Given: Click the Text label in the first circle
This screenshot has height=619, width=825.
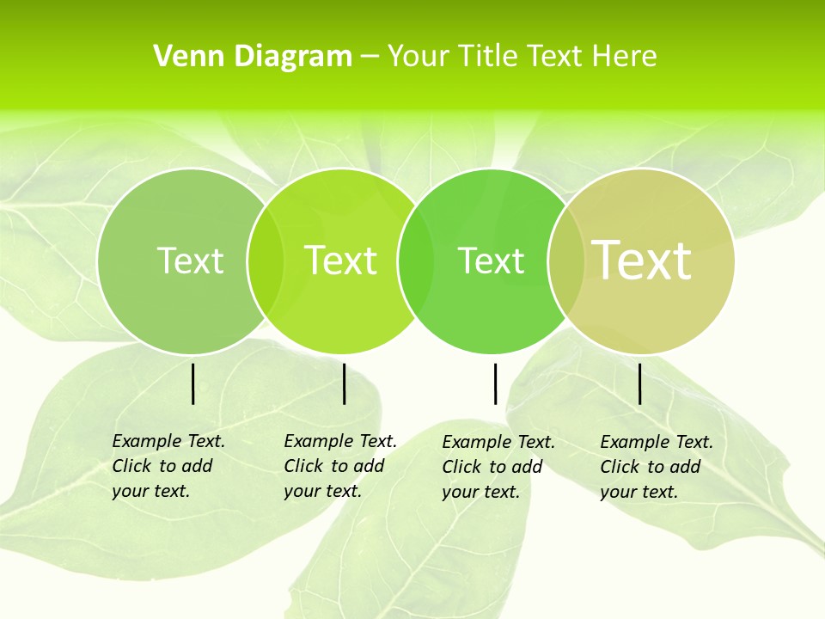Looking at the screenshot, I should pyautogui.click(x=190, y=260).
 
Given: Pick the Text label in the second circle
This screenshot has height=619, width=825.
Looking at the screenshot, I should pyautogui.click(x=340, y=260).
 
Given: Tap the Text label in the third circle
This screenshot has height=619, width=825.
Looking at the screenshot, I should pyautogui.click(x=491, y=260).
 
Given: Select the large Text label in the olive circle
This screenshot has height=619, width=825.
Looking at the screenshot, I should pyautogui.click(x=642, y=260).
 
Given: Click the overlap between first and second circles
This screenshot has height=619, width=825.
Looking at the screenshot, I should pyautogui.click(x=266, y=260).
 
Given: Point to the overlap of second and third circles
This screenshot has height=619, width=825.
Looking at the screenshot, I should pyautogui.click(x=415, y=260).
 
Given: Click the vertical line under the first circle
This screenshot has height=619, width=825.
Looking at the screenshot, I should pyautogui.click(x=192, y=383).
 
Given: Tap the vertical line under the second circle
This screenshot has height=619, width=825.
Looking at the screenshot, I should pyautogui.click(x=344, y=383).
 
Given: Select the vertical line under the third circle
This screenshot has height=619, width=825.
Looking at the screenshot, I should pyautogui.click(x=495, y=383).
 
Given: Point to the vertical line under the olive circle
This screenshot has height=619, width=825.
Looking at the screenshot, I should pyautogui.click(x=639, y=383).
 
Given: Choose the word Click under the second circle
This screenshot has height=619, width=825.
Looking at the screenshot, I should pyautogui.click(x=302, y=466).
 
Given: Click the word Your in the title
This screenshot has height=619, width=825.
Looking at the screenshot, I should pyautogui.click(x=419, y=57).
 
